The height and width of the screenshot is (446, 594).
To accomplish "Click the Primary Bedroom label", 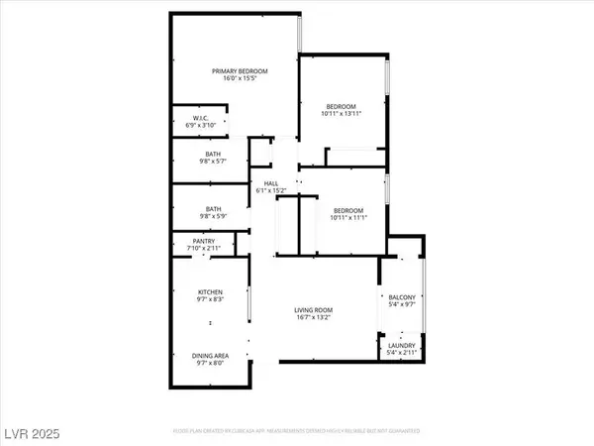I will (x=234, y=70).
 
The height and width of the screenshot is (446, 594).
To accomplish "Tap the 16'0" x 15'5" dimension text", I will (x=234, y=79).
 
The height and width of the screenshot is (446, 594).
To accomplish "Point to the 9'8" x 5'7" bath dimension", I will (x=213, y=163).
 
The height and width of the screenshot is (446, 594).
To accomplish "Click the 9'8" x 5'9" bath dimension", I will (x=213, y=216).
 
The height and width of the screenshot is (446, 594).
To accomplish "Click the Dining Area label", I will (x=213, y=355).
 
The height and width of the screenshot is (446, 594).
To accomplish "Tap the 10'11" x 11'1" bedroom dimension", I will (x=348, y=217).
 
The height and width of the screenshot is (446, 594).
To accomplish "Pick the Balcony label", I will (x=401, y=297).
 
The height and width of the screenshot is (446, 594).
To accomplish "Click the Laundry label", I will (x=401, y=345).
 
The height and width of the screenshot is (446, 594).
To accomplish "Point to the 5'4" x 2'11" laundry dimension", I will (x=401, y=354).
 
